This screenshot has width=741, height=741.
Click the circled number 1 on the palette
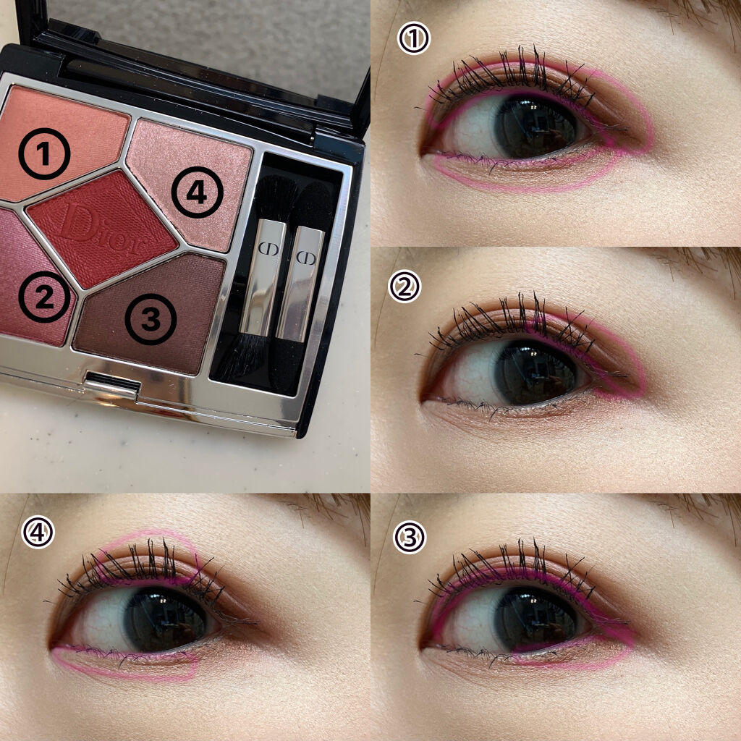pos(44,153)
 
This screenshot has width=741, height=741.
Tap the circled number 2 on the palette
pos(44,297)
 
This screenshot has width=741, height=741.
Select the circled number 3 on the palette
pos(151,319)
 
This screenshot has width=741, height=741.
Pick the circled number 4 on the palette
pos(197,192)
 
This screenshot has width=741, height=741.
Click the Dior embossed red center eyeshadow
pos(101,228)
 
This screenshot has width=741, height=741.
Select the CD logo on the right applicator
pos(306,258)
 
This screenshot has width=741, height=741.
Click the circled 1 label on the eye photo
pos(414,39)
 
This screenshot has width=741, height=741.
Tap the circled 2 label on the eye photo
pos(405,287)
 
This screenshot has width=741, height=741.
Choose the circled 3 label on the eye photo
pos(410,538)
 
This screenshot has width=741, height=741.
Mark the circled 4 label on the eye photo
pos(38,533)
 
